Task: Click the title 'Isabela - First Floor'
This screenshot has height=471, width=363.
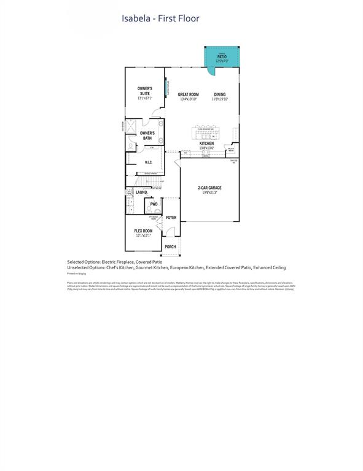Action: tap(160, 18)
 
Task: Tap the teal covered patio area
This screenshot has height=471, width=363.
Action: tap(221, 58)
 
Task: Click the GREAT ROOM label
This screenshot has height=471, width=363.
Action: tap(188, 94)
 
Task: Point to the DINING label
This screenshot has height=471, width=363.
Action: tap(219, 94)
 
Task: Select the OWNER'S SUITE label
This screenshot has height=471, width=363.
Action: tap(144, 91)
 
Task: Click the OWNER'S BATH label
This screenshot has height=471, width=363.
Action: tap(147, 136)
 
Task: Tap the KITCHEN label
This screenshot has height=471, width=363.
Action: tap(206, 144)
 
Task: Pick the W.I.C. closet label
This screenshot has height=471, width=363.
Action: tap(148, 163)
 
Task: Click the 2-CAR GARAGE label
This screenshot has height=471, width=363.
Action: tap(209, 188)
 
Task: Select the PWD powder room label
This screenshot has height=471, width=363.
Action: tap(154, 204)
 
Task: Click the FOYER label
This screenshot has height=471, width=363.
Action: tap(171, 218)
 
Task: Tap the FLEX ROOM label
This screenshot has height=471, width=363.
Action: tap(143, 231)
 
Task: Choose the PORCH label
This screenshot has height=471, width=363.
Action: tap(170, 247)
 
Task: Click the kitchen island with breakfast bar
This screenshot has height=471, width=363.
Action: tap(206, 132)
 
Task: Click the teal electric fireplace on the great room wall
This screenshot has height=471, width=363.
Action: tap(165, 90)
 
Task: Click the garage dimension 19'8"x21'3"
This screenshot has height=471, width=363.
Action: tap(209, 193)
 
